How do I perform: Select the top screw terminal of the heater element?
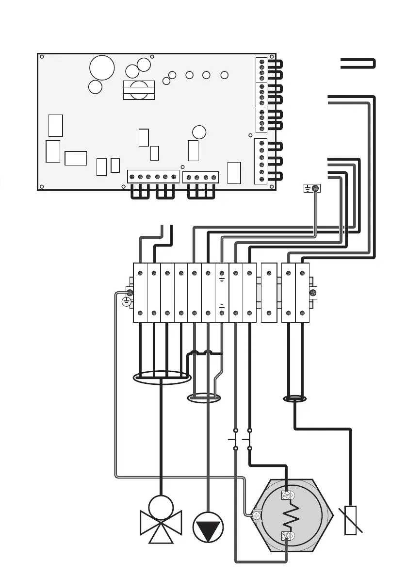(x=287, y=495)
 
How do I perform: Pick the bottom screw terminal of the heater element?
(x=287, y=537)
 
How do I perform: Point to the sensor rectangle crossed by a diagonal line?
(x=350, y=520)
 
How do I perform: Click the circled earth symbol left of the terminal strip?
(x=126, y=302)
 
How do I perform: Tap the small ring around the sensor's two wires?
(x=294, y=399)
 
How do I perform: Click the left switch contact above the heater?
(x=235, y=439)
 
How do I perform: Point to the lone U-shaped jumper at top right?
(x=358, y=64)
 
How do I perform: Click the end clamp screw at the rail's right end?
(x=313, y=293)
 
